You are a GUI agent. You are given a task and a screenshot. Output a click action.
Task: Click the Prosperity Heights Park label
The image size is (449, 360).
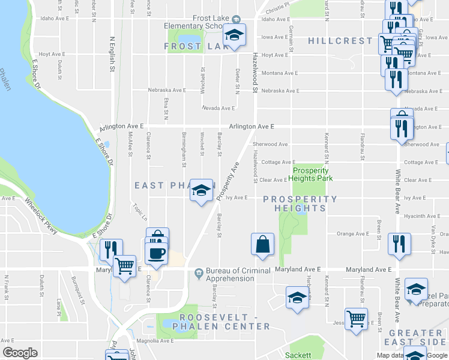[x=311, y=174]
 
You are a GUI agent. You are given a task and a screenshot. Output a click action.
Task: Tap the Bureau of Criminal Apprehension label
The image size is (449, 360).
[x=238, y=274]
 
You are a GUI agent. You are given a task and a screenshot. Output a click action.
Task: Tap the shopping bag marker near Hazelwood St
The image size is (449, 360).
[x=263, y=244]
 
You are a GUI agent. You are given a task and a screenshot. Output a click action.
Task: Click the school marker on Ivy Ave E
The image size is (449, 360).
[x=202, y=190]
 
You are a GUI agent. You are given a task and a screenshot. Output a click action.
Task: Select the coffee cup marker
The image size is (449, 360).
[x=156, y=252]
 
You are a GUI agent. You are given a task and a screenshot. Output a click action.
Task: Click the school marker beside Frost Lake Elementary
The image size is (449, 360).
[x=235, y=35]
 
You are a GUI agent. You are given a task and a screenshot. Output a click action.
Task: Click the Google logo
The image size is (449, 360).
[x=20, y=352]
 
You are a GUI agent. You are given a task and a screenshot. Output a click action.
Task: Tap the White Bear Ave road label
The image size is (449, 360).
[x=397, y=191]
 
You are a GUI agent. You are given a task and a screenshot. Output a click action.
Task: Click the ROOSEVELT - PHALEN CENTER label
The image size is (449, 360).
[x=221, y=321]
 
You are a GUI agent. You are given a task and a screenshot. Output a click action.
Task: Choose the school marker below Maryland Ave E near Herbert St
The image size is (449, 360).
[x=297, y=298]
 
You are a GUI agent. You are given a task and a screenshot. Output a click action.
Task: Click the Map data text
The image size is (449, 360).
[x=390, y=355]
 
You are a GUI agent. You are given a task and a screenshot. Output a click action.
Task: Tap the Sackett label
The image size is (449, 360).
[x=298, y=355]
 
